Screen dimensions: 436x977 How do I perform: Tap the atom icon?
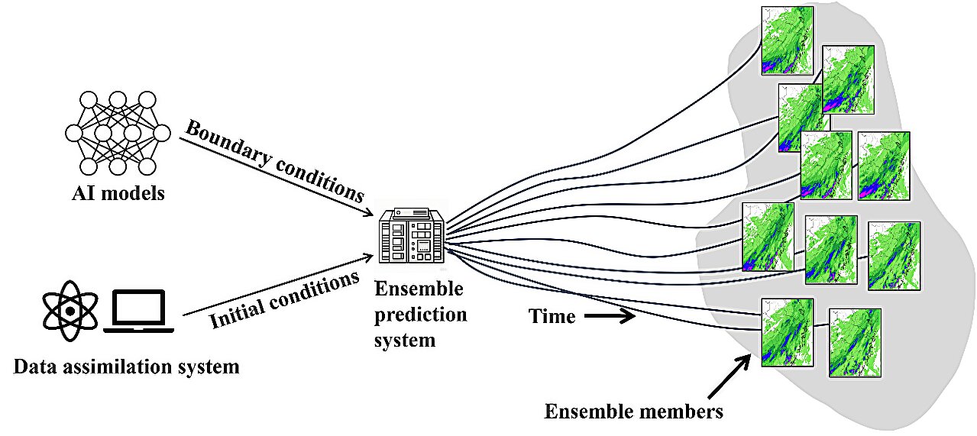click(70, 311)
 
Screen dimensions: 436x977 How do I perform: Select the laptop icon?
click(139, 312)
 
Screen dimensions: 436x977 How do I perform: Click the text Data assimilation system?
click(126, 367)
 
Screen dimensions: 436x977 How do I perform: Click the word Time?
click(552, 316)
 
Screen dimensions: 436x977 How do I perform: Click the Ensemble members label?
click(633, 412)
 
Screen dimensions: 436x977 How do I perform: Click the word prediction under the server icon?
click(420, 315)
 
